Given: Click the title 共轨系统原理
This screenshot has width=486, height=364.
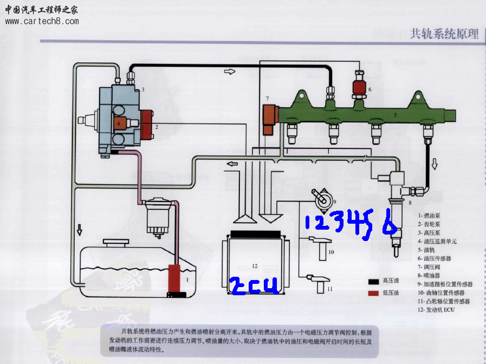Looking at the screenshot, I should point(444,34).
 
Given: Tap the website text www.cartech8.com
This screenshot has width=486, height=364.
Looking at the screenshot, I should point(42,22).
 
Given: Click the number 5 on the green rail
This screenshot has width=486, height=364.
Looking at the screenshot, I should point(396,115).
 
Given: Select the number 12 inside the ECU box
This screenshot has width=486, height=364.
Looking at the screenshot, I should point(255,265).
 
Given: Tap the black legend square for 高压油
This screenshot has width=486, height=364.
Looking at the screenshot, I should point(373,281).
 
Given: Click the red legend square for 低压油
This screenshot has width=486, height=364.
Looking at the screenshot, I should point(373,293).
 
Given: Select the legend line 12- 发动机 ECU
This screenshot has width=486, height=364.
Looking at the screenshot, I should point(436,310).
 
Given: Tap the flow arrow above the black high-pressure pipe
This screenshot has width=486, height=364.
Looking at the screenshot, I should point(230,71).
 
